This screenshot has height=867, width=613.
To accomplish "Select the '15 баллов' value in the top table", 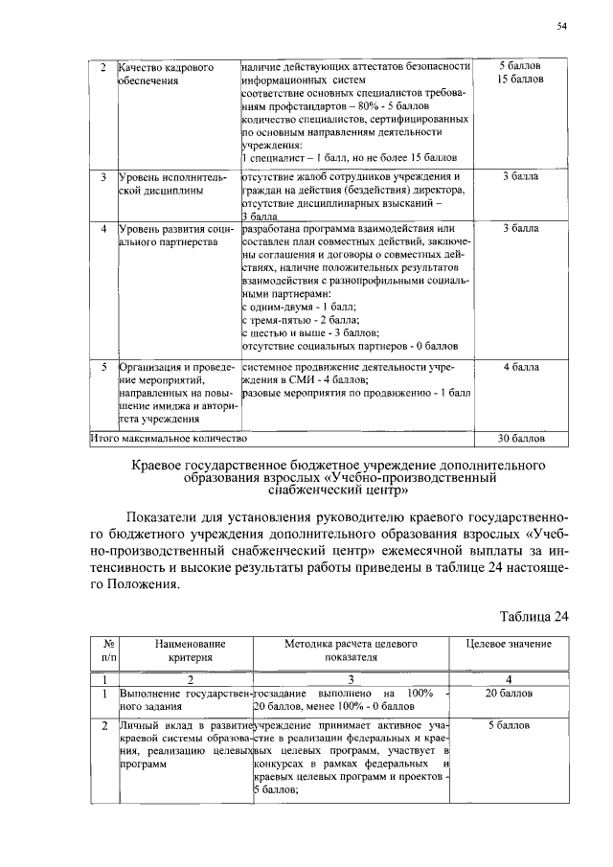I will [521, 79].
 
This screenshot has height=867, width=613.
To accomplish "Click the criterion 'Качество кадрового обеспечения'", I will [160, 73].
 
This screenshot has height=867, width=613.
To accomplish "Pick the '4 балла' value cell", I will [521, 366].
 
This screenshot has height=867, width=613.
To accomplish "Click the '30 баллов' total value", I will [521, 438].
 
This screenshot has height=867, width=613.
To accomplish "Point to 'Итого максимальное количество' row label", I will [169, 438].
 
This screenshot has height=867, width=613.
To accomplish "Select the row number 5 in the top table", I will [102, 366].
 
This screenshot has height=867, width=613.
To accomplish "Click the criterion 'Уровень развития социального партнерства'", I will [175, 236].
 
